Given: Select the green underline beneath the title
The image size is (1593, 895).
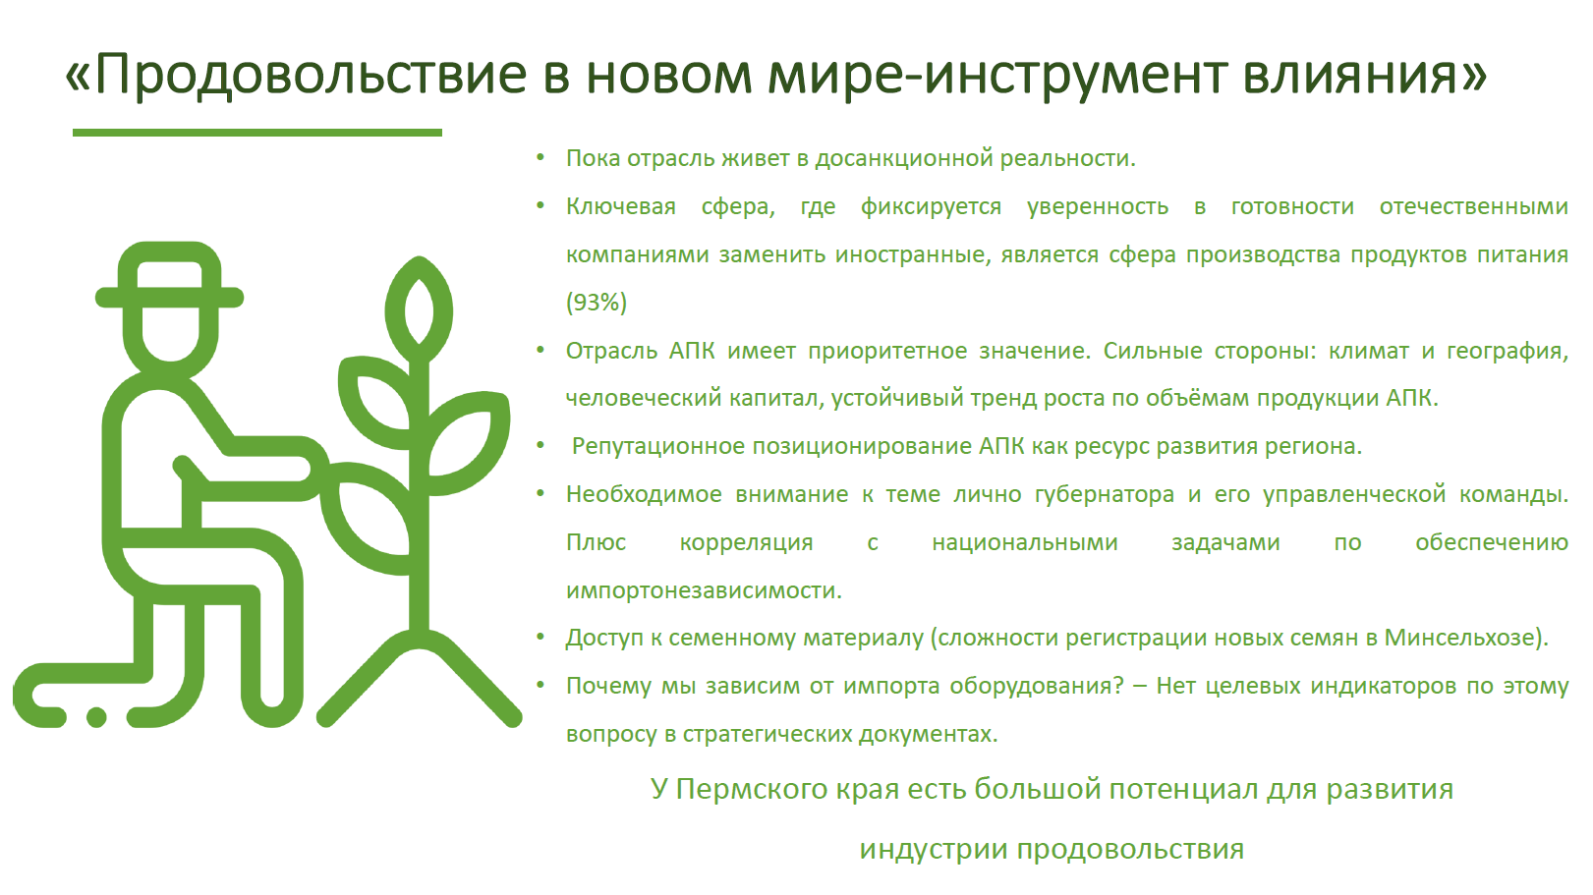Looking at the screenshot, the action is pos(257,133).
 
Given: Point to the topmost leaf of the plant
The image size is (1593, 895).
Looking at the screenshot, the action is pos(419,302).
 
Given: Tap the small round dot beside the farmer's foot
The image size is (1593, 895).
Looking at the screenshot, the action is pos(96,716).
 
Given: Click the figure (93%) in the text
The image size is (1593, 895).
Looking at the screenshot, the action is pos(596,303).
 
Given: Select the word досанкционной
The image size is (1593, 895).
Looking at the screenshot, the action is pos(903,158).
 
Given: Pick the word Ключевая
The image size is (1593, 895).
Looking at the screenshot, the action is pos(620,206).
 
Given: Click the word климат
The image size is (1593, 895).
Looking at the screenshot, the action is pos(1369,351).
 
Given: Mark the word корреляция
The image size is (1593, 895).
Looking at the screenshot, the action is pos(746,543).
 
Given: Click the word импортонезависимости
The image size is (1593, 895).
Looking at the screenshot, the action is pos(704,590).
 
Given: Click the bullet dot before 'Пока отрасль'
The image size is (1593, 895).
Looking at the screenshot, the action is pos(540,156).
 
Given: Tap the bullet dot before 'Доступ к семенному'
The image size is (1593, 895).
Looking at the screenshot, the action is pos(540,637).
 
